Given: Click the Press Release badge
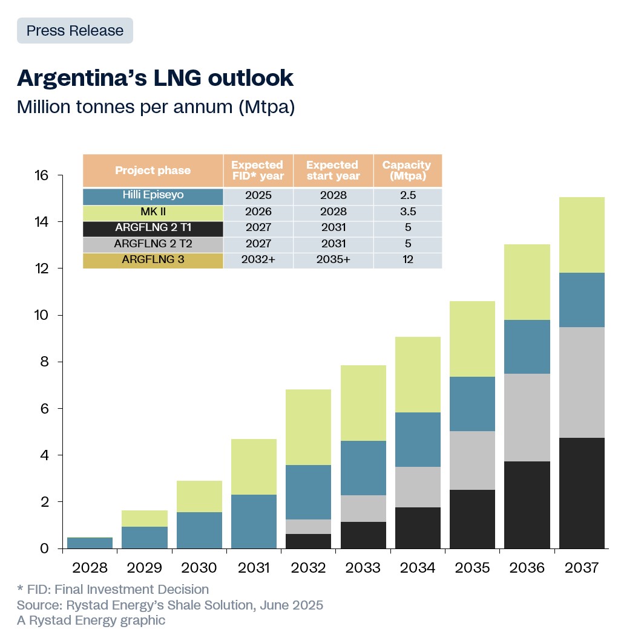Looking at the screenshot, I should point(75,31).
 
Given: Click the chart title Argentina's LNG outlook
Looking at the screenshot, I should point(155,78).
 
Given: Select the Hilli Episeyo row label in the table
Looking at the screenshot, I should point(153,196).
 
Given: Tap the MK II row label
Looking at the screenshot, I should point(153,212).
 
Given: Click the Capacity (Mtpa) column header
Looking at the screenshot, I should point(407,171).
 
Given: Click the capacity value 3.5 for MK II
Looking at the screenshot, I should point(407,212).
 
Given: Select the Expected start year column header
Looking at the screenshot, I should point(333,171).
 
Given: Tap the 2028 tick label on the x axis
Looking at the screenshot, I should point(90,568).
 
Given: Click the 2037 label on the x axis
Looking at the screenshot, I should point(582,568).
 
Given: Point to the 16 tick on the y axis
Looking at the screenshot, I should point(41,176).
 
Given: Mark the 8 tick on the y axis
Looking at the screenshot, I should point(46,362).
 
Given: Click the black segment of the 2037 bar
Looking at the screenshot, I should point(582,493).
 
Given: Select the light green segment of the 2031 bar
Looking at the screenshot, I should point(254,467).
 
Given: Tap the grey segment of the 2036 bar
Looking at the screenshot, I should point(527,417).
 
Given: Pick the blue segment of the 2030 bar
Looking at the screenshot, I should point(199,530).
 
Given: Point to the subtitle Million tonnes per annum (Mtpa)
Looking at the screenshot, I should point(156,107).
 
